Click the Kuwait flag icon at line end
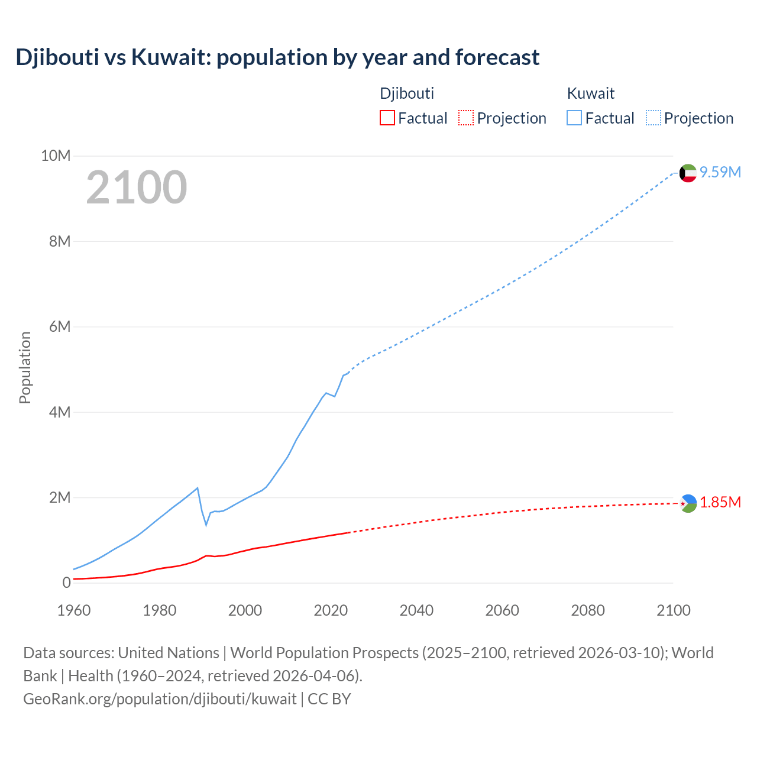pyautogui.click(x=688, y=173)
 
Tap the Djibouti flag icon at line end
pyautogui.click(x=688, y=503)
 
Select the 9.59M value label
pyautogui.click(x=720, y=172)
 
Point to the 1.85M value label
pyautogui.click(x=720, y=502)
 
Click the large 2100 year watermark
pyautogui.click(x=137, y=187)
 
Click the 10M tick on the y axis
pyautogui.click(x=56, y=156)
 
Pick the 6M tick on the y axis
pyautogui.click(x=59, y=327)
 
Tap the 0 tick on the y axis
pyautogui.click(x=66, y=583)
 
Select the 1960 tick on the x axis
pyautogui.click(x=74, y=610)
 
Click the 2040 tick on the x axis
pyautogui.click(x=416, y=610)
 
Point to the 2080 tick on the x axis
pyautogui.click(x=588, y=610)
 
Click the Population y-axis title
pyautogui.click(x=25, y=367)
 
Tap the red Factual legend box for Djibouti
pyautogui.click(x=387, y=118)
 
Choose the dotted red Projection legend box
pyautogui.click(x=466, y=118)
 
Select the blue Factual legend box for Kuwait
pyautogui.click(x=574, y=118)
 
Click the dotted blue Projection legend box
pyautogui.click(x=653, y=118)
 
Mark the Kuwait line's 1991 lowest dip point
pyautogui.click(x=206, y=525)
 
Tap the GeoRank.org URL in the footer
pyautogui.click(x=160, y=699)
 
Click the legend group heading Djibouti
pyautogui.click(x=407, y=93)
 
